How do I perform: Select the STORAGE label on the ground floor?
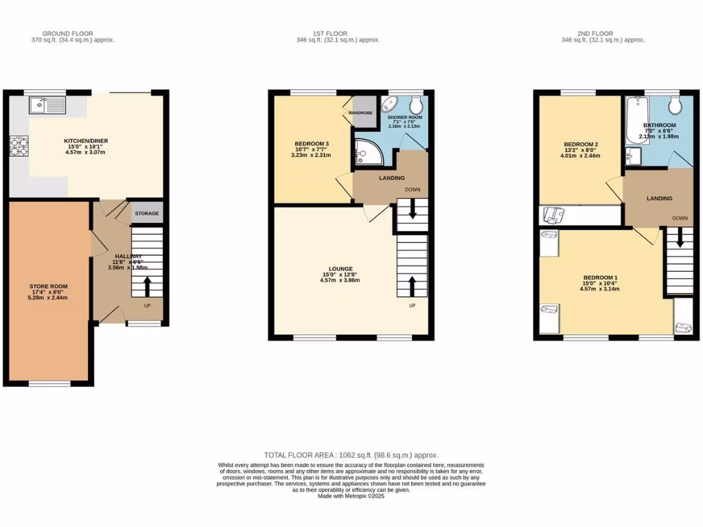point(146,213)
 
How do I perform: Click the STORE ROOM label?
point(48,286)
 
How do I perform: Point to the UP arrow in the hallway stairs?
point(146,283)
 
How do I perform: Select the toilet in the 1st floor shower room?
point(415,106)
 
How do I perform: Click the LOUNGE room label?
point(341,269)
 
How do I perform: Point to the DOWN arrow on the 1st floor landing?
point(413,208)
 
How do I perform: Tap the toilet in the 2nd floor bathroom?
point(674,106)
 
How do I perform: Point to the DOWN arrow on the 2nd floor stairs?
point(680,237)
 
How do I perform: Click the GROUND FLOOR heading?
point(67,33)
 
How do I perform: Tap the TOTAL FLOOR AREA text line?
point(351,455)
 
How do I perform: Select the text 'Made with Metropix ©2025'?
point(351,496)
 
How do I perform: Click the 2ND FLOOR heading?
point(595,33)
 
